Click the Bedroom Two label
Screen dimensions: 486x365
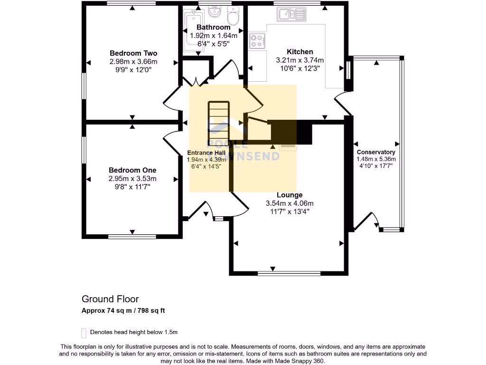133,53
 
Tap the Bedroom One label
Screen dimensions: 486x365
132,171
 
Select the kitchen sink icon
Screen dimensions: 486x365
291,14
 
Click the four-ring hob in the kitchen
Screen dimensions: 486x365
257,41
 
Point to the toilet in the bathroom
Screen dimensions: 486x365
233,16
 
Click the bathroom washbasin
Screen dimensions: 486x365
215,11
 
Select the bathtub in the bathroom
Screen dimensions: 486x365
193,30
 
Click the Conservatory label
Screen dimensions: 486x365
376,152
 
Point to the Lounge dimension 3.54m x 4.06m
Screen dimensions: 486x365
290,203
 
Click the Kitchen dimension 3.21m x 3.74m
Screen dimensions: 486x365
300,60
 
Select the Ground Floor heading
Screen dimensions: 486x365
110,299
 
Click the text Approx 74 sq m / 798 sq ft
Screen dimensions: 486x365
123,310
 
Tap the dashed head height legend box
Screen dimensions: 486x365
84,333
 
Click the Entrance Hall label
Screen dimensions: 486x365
206,153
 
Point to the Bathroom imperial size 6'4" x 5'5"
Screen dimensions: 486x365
213,44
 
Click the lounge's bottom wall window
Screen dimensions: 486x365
289,273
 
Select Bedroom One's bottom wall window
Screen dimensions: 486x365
132,237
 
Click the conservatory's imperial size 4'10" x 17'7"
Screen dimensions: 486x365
376,166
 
